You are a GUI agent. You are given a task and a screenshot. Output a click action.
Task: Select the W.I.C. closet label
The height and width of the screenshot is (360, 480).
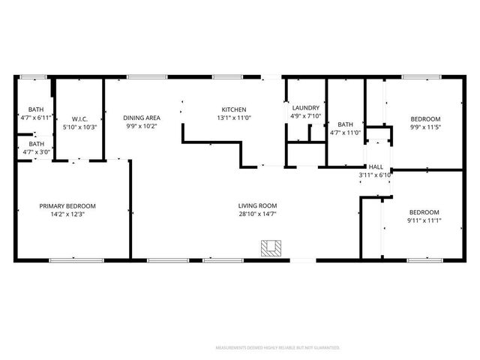81,118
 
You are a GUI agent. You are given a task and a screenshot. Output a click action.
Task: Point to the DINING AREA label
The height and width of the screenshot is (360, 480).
142,118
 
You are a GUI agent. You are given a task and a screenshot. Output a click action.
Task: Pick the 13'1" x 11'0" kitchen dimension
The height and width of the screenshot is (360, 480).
232,118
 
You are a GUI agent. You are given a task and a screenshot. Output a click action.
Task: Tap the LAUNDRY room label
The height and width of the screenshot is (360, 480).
305,107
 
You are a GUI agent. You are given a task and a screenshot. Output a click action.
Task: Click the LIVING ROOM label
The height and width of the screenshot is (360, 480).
258,205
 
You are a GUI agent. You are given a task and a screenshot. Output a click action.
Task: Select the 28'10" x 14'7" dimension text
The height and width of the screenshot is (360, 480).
258,215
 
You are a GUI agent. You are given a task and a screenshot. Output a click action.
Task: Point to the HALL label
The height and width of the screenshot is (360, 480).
375,166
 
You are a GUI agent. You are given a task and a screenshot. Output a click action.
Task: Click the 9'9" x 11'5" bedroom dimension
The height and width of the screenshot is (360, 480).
424,128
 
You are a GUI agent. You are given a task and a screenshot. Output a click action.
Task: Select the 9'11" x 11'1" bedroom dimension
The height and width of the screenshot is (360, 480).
424,220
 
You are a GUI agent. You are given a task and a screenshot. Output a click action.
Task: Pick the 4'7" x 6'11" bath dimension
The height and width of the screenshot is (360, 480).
36,118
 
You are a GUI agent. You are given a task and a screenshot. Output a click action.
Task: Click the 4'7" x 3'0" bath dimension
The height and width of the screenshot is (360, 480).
36,152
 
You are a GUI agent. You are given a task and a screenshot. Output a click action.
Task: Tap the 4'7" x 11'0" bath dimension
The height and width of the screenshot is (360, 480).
345,133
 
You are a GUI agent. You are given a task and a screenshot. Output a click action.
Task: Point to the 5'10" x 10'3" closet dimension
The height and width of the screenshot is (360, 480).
81,127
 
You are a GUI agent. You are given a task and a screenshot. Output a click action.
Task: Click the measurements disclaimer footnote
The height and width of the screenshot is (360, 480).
277,348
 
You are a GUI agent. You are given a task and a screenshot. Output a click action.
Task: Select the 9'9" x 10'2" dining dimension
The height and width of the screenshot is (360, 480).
142,127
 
